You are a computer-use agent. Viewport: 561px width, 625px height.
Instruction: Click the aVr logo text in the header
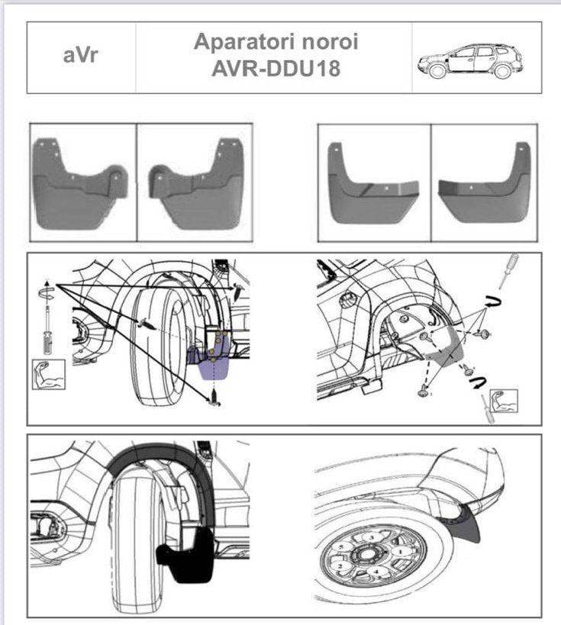point(80,56)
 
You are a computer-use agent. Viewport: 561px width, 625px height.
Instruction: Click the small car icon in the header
point(469,60)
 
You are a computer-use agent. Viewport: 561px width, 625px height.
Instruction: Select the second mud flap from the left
point(195,185)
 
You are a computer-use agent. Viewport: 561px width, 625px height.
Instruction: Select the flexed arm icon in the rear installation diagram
point(504,401)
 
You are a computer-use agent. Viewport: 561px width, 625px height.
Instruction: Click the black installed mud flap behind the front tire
point(183,553)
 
